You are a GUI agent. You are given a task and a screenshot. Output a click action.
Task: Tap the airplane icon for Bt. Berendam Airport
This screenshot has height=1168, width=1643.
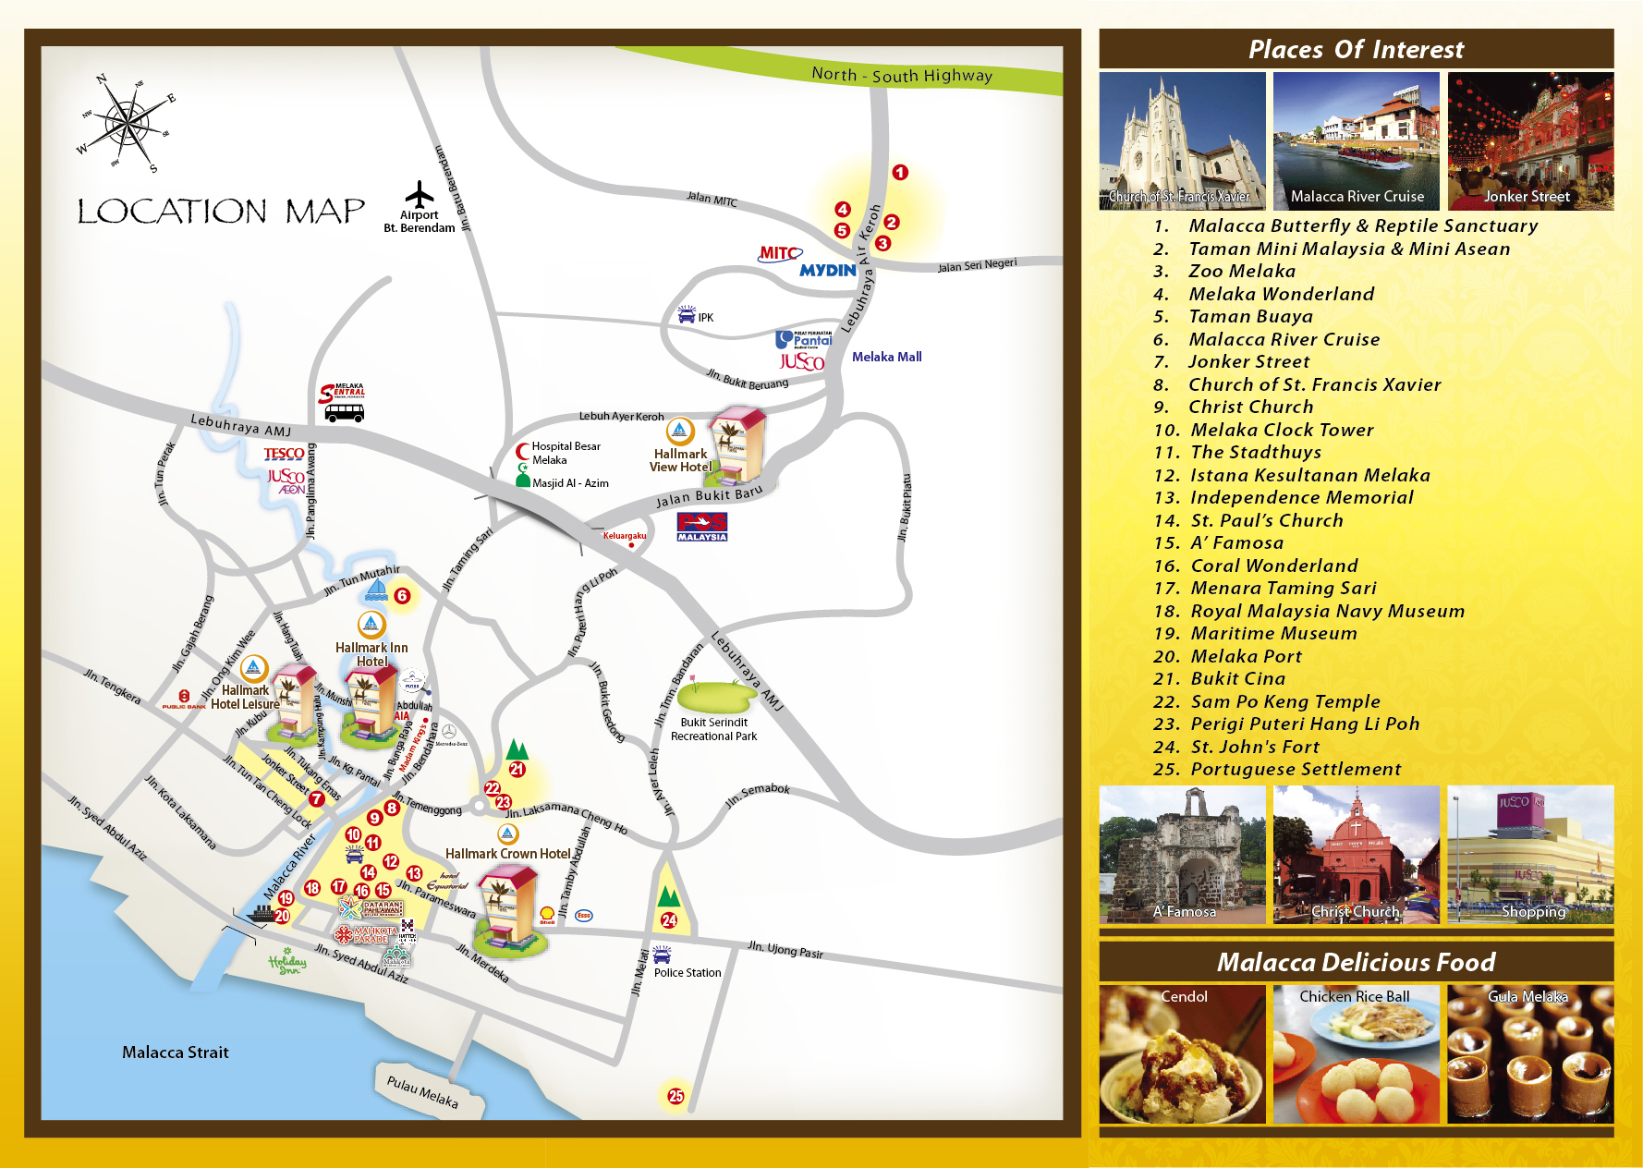(420, 195)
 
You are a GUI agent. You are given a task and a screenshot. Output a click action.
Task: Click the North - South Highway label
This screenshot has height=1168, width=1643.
(901, 75)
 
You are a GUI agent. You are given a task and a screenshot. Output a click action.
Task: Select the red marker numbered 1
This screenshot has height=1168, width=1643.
(900, 173)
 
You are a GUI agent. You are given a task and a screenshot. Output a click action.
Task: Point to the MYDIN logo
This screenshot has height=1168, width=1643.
(828, 270)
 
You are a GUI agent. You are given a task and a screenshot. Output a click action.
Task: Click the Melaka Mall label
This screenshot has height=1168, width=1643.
(886, 357)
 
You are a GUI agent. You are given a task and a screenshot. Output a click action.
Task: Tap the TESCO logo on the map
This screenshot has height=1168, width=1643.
(284, 454)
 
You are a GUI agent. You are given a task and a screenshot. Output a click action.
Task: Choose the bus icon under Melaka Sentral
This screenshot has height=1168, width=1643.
(344, 413)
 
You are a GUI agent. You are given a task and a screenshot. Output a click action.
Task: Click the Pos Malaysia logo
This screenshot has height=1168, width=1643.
(702, 527)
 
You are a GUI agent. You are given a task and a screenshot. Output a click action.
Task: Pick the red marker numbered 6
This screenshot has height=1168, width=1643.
(402, 596)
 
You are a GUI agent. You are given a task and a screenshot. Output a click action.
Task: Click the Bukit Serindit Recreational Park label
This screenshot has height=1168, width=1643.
(713, 729)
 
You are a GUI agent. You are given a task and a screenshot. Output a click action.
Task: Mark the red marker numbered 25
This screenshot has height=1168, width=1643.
(676, 1096)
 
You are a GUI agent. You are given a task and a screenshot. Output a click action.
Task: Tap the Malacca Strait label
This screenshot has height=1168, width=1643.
(175, 1052)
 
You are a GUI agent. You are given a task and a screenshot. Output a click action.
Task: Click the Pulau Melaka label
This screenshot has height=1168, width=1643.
(422, 1091)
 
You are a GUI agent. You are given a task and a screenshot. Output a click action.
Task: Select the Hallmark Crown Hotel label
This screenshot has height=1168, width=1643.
(507, 854)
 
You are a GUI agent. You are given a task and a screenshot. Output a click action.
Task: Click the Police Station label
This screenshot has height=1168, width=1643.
(688, 973)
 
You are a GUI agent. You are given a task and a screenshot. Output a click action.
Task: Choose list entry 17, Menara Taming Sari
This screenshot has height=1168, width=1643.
(1283, 589)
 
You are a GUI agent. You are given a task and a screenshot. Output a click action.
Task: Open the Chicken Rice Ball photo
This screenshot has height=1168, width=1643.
(1356, 1054)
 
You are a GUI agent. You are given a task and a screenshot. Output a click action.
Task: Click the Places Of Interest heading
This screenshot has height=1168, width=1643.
(1356, 50)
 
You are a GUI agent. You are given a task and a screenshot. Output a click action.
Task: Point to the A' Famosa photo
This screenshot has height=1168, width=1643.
(1182, 855)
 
